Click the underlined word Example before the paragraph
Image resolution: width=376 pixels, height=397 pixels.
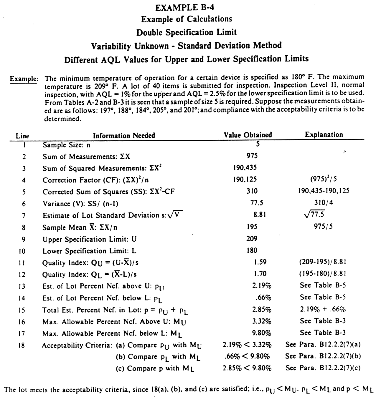coord(24,79)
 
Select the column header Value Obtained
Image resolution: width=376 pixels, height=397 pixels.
coord(248,135)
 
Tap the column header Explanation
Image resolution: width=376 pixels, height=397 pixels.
coord(324,135)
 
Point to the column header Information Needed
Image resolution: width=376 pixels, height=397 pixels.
coord(124,136)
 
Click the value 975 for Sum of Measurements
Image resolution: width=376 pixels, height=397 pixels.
coord(252,156)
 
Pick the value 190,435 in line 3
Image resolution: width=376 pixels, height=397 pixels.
coord(245,167)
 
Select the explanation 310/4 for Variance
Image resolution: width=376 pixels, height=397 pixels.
coord(324,203)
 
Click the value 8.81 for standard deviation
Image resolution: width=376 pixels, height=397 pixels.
coord(260,215)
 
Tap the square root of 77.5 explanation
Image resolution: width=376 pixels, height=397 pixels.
coord(315,214)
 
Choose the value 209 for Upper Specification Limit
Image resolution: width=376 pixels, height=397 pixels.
coord(252,238)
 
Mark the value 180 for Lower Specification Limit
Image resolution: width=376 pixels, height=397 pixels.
coord(252,250)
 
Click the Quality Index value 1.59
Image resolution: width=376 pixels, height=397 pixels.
coord(260,262)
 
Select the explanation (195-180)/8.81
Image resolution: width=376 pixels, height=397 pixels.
coord(323,274)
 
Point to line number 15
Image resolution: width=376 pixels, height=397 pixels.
coord(22,310)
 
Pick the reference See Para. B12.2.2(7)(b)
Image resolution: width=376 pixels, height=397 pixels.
coord(323,356)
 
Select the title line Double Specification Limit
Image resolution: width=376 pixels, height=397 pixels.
coord(186,32)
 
